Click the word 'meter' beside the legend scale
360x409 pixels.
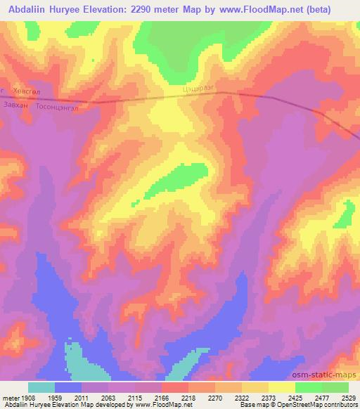[x=8, y=398]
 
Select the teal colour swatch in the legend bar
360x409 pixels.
[x=41, y=387]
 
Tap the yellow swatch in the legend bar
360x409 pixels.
[x=281, y=387]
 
